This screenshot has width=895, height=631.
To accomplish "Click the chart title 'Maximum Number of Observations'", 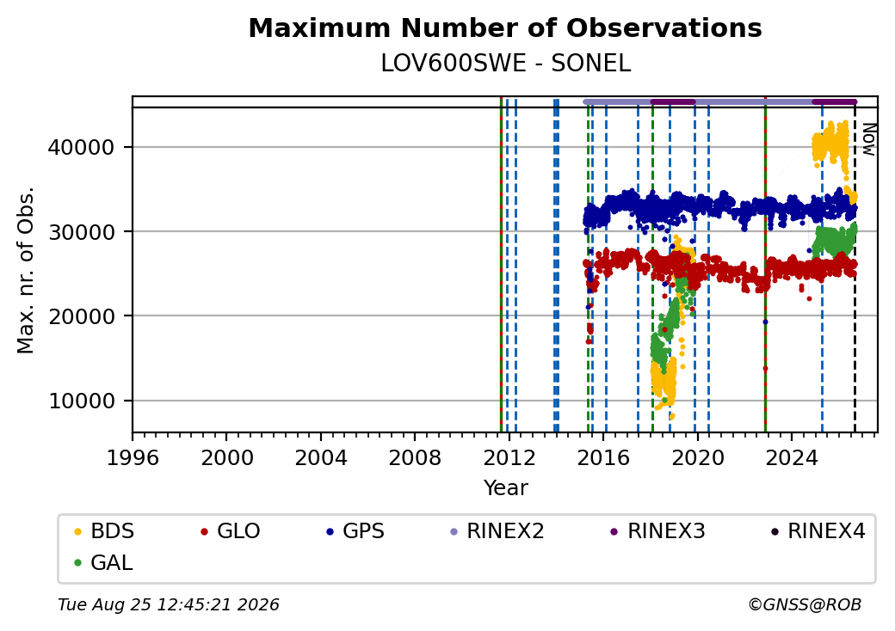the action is [x=505, y=28].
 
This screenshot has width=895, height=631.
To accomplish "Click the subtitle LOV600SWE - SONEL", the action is [x=506, y=64].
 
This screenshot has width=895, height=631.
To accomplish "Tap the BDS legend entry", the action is [x=104, y=531].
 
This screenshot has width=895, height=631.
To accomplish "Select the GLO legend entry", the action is [x=231, y=531].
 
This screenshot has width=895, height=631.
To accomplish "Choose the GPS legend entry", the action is [x=355, y=531].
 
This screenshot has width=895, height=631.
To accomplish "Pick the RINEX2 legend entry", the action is [x=497, y=531].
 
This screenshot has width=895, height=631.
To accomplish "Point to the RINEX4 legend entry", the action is [x=818, y=531].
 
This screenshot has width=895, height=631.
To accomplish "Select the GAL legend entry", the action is [x=104, y=563].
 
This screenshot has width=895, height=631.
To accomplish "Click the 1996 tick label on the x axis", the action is [x=133, y=457].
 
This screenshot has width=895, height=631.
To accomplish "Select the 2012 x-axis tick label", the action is [x=509, y=457].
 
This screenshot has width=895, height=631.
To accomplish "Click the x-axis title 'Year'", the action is [x=506, y=488].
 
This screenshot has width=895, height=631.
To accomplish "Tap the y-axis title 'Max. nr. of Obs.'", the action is [x=26, y=270].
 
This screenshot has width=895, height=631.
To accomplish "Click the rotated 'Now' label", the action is [x=868, y=139].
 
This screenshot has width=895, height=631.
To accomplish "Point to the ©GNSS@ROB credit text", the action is [x=805, y=604].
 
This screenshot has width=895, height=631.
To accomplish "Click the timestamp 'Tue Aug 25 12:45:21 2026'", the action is [x=169, y=604].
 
